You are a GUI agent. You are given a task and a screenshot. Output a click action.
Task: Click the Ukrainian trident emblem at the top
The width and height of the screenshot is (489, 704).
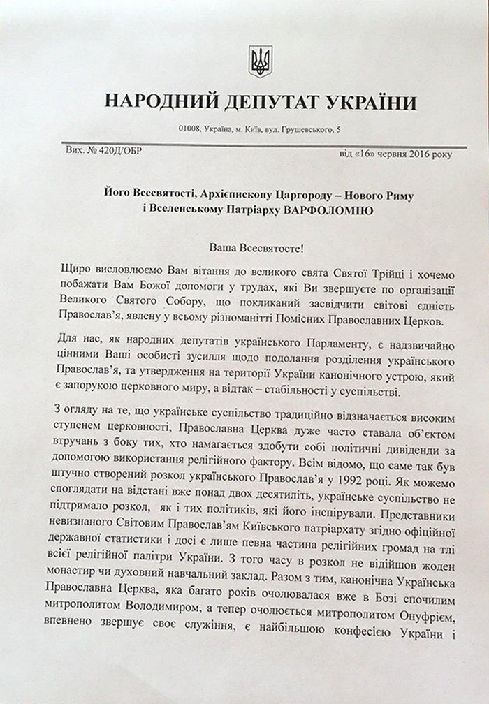[x=261, y=61]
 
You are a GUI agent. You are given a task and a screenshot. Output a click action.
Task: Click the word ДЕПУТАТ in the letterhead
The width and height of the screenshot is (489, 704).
[x=259, y=102]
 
